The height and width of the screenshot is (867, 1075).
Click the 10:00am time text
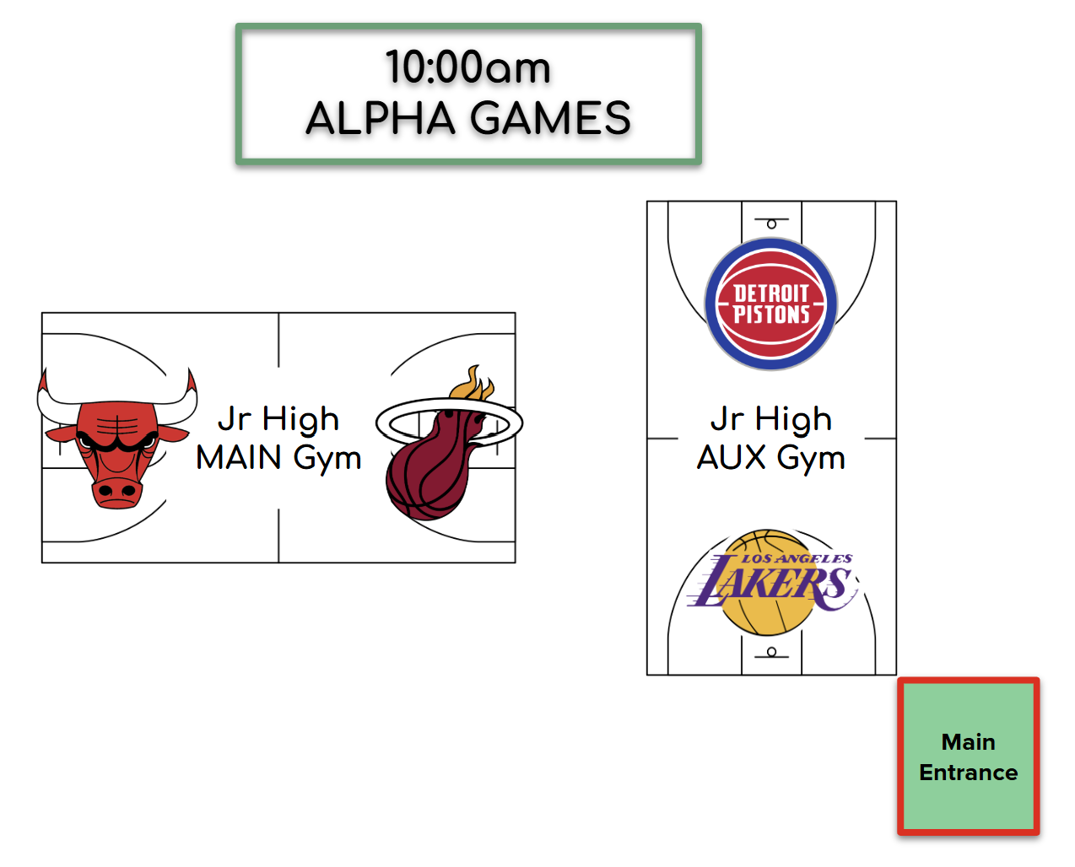click(x=468, y=67)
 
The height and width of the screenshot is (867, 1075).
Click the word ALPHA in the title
click(x=381, y=118)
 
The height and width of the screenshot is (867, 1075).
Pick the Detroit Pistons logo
click(x=771, y=304)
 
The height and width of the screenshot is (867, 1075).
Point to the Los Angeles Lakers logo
click(x=772, y=582)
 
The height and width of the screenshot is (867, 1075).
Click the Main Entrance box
click(x=969, y=757)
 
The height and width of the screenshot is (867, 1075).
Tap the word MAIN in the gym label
click(x=239, y=458)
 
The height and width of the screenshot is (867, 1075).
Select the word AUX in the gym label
click(x=732, y=458)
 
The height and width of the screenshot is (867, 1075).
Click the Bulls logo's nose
click(x=117, y=491)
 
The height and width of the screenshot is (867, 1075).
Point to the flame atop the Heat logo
click(x=473, y=385)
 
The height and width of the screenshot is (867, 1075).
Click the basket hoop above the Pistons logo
click(x=771, y=223)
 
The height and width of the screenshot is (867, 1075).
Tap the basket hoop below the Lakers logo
click(x=771, y=652)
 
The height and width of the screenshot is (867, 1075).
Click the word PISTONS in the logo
click(x=771, y=315)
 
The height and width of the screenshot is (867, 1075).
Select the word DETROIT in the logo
click(x=771, y=293)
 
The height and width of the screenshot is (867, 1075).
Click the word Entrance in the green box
click(x=969, y=773)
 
